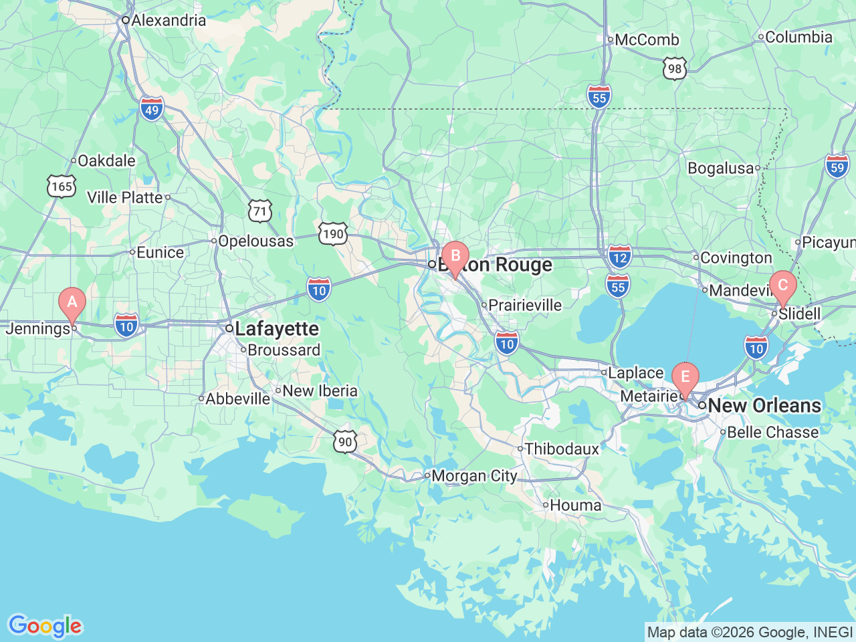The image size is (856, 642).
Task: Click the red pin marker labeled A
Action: click(72, 302)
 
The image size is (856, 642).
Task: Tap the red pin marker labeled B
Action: click(455, 257)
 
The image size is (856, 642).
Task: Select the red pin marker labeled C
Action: click(782, 286)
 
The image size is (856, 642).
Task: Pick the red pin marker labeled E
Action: click(685, 378)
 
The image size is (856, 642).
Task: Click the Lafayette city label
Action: click(276, 329)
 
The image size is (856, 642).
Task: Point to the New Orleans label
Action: click(764, 406)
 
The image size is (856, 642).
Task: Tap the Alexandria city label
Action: click(168, 21)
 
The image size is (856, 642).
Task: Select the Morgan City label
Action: click(473, 476)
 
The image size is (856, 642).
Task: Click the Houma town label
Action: click(575, 506)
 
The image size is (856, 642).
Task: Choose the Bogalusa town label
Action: click(720, 169)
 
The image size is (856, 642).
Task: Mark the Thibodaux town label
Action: click(561, 449)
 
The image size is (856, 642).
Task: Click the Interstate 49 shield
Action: click(152, 109)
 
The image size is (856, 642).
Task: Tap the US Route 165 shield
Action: click(62, 186)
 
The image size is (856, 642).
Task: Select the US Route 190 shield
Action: click(332, 234)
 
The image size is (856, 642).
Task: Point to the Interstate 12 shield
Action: click(620, 257)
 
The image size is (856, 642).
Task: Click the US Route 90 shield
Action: click(345, 441)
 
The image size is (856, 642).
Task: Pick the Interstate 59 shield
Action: click(837, 167)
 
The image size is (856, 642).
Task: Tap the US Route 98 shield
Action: click(675, 68)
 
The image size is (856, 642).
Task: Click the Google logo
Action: click(45, 626)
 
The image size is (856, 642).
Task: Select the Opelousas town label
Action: click(255, 241)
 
